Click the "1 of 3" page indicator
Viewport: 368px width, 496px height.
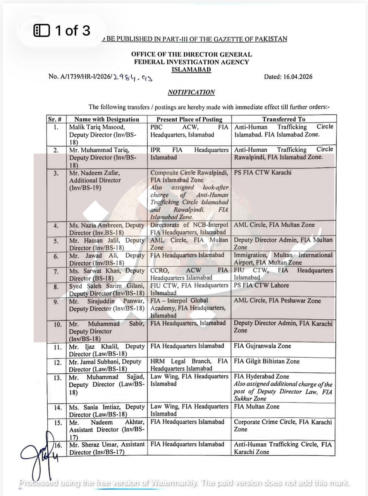62,31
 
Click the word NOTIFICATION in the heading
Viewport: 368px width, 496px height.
191,92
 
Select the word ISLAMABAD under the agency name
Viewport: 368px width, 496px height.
191,69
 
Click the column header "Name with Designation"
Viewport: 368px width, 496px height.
107,119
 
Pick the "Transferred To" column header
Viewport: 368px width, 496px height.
284,119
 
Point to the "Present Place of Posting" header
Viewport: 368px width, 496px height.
189,119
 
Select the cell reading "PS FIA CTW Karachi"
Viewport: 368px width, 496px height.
263,172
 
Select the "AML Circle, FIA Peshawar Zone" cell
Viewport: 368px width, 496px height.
277,301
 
